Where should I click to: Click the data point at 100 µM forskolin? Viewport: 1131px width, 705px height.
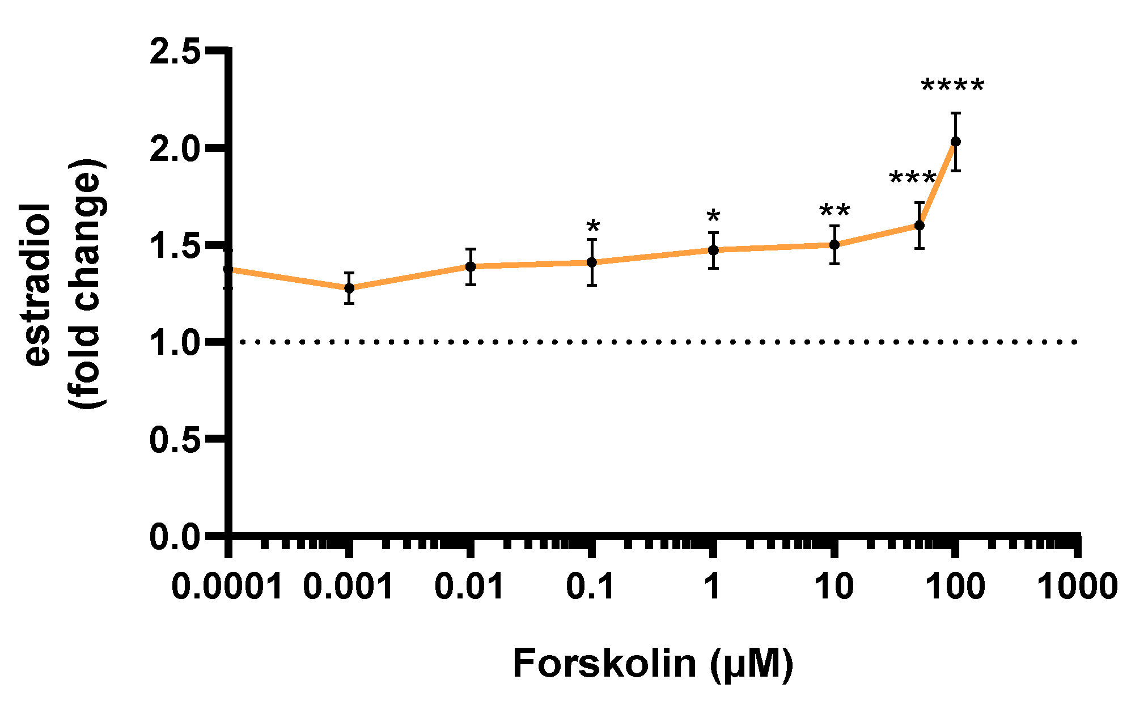(x=955, y=142)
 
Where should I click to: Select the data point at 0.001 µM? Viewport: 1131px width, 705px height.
(x=349, y=288)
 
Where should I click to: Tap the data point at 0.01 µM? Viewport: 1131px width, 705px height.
(x=471, y=266)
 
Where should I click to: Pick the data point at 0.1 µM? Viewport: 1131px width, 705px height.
(x=592, y=262)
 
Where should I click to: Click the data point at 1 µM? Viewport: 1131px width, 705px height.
(x=713, y=250)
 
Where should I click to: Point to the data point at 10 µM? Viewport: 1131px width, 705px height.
(x=835, y=245)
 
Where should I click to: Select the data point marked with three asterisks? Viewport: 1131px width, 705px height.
(x=920, y=225)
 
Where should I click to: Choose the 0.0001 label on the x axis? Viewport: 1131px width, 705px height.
(x=226, y=586)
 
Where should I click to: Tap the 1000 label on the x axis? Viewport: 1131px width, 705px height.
(x=1077, y=586)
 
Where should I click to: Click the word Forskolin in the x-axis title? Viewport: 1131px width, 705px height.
(x=604, y=664)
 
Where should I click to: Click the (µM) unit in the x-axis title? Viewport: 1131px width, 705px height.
(x=752, y=664)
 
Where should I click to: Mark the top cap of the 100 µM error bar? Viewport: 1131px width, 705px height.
(x=955, y=113)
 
